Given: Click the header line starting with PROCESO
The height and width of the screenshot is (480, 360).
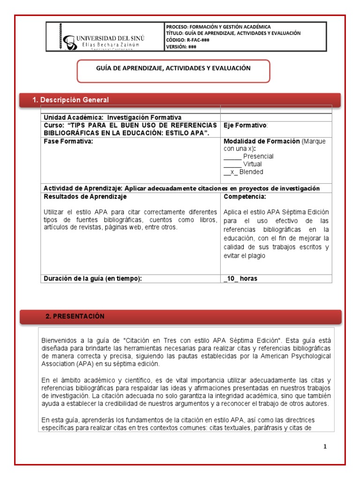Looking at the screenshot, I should (218, 27).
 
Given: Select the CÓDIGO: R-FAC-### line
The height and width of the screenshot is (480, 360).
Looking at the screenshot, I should (187, 40).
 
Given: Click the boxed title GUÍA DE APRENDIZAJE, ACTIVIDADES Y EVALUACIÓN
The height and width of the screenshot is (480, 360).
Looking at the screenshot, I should (173, 68).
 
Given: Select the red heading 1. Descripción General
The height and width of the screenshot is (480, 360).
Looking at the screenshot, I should (70, 100).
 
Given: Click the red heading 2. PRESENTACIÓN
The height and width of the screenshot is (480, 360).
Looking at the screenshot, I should (75, 316).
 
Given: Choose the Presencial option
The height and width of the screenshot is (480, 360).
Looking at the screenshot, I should (258, 156).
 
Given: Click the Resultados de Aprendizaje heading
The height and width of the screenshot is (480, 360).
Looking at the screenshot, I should (85, 196).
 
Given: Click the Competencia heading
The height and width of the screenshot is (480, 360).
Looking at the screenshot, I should (245, 196).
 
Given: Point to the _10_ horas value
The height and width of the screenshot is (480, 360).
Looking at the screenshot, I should (240, 278).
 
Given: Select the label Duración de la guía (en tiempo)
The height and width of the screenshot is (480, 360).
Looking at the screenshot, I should (92, 278).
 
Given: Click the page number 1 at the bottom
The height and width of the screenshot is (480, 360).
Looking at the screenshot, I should (325, 446).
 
